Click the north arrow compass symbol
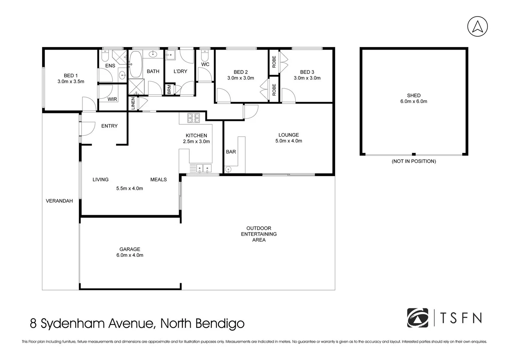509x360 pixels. click(x=477, y=26)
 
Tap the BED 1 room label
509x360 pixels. click(x=71, y=76)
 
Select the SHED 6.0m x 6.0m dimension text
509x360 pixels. click(x=413, y=101)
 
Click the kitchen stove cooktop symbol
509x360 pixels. click(x=193, y=118)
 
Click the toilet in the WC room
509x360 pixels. click(x=205, y=54)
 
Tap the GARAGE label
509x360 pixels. click(x=130, y=249)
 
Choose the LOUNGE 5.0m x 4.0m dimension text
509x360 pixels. click(x=288, y=141)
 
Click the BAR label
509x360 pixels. click(x=231, y=152)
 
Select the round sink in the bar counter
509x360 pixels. click(x=228, y=169)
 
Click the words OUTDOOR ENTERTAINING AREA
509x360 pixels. click(x=259, y=234)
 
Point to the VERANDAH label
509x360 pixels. click(x=59, y=201)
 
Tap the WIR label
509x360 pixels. click(x=112, y=99)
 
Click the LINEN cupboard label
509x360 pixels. click(x=133, y=104)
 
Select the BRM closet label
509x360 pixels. click(x=169, y=89)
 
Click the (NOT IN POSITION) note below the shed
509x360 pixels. click(x=413, y=161)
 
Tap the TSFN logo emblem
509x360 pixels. click(x=417, y=318)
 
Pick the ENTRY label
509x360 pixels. click(x=109, y=126)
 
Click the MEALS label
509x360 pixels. click(x=158, y=180)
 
